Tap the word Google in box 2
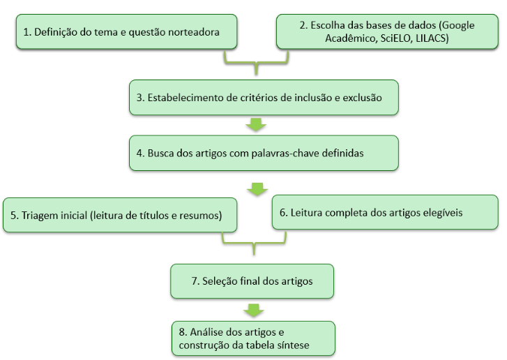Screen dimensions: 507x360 coord(458,26)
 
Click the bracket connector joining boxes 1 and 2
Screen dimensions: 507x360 coord(256,62)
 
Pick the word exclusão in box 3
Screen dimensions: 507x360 coord(363,98)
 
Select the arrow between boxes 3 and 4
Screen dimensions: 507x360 coord(256,125)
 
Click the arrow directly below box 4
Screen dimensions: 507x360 coord(257,189)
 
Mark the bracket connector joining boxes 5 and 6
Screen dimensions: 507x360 coord(254,243)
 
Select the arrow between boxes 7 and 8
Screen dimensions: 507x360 coord(254,310)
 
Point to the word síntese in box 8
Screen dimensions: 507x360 coord(293,345)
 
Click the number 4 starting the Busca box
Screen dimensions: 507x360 coord(139,153)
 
